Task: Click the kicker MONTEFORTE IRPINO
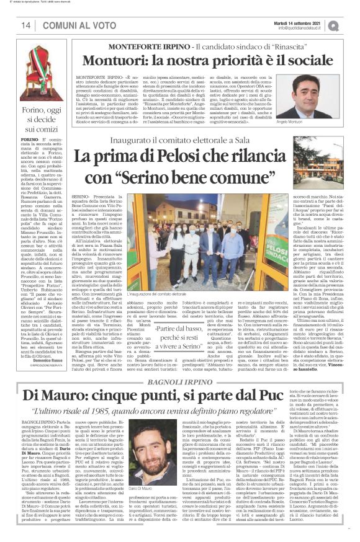[142, 47]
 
